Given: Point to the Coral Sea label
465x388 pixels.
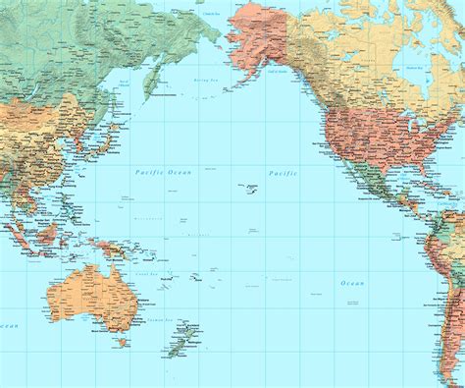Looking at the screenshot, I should pos(147,274).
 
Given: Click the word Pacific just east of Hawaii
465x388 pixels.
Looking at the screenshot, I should pos(284,173).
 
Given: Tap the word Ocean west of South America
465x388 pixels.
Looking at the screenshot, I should pos(352,283).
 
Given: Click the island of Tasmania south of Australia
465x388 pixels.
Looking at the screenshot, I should pos(123,342).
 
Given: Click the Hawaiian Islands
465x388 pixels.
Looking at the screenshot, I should pos(246,188).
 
